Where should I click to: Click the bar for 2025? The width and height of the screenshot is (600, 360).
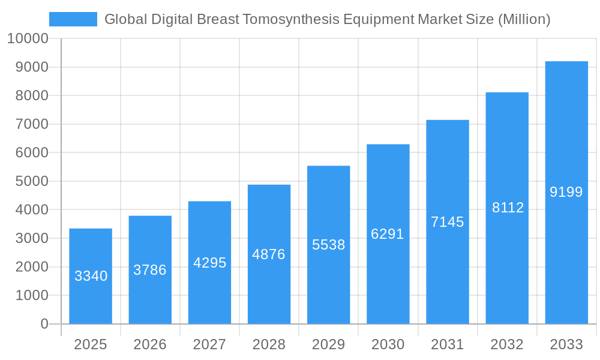[91, 276]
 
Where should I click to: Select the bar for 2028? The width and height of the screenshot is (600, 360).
[269, 254]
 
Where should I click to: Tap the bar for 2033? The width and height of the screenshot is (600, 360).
[566, 192]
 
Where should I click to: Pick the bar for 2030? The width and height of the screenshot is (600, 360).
[388, 234]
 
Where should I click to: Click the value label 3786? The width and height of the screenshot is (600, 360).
[150, 270]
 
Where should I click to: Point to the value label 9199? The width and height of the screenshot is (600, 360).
[566, 192]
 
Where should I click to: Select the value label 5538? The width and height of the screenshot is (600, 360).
[329, 245]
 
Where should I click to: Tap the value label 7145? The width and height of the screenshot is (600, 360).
[448, 222]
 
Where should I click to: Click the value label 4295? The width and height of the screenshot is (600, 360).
[209, 263]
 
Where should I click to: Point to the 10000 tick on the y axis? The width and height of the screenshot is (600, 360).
[27, 39]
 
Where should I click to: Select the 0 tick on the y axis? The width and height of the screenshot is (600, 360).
[44, 324]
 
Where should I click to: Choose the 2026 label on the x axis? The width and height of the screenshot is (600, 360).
[150, 344]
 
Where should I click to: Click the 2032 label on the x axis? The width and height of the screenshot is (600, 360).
[507, 344]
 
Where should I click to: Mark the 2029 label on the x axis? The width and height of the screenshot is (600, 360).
[329, 344]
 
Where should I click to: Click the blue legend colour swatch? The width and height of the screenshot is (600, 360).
[73, 19]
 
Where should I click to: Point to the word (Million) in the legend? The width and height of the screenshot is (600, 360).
[524, 19]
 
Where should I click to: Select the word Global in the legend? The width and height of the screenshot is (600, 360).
[124, 19]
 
